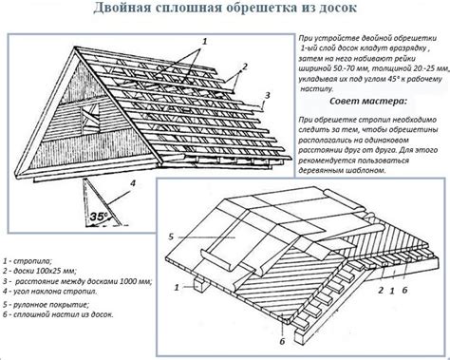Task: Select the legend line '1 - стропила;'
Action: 28,258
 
